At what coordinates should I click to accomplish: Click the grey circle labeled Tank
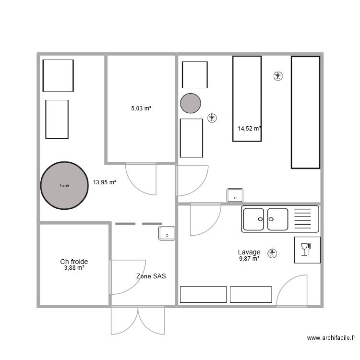tap(64, 185)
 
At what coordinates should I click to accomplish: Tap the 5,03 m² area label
tap(141, 108)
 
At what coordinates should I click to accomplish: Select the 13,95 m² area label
tap(105, 182)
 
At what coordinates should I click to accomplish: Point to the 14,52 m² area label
tap(249, 128)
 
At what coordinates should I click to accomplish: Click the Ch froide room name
tap(74, 262)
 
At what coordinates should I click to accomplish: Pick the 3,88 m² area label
tap(74, 268)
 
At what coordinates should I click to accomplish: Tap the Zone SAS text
tap(151, 276)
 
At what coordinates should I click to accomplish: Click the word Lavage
tap(249, 252)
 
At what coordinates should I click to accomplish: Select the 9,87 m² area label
tap(249, 259)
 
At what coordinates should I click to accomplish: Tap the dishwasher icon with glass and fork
tap(307, 250)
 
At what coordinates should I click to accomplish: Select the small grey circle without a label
tap(191, 103)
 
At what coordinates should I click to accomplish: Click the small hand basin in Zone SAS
tap(167, 233)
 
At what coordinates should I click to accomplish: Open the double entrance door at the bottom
tap(138, 320)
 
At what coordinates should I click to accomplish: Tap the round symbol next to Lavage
tap(273, 252)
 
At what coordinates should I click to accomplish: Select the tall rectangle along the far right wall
tap(305, 112)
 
